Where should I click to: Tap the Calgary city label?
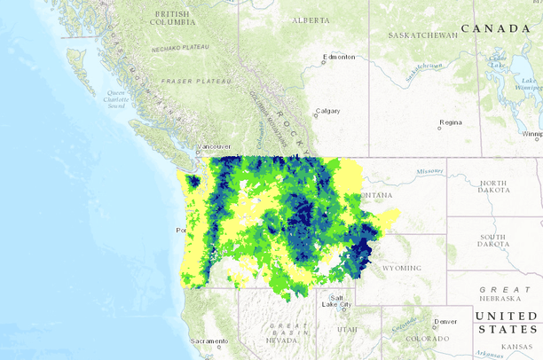click(x=327, y=112)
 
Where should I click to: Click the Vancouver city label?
click(x=214, y=146)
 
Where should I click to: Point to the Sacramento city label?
click(x=210, y=341)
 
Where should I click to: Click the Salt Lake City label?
click(x=340, y=301)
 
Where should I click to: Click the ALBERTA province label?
click(x=310, y=20)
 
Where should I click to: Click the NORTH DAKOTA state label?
click(x=493, y=187)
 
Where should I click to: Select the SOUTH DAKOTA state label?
click(x=493, y=240)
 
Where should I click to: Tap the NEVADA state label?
click(x=281, y=340)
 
